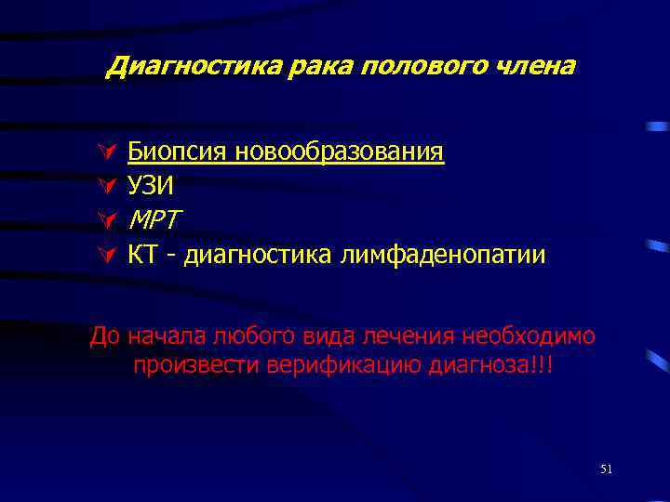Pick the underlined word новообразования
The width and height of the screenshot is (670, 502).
(x=340, y=152)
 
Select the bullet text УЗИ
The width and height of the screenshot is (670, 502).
(x=151, y=186)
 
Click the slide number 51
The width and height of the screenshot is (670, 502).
(x=606, y=469)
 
